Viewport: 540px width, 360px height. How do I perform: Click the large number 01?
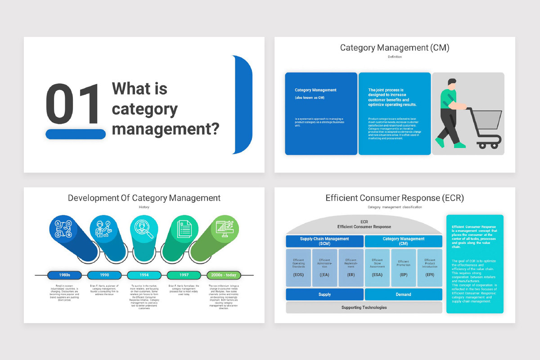click(72, 104)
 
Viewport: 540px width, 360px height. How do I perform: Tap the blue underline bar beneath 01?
click(76, 134)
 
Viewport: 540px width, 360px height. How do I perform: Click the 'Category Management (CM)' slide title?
click(394, 48)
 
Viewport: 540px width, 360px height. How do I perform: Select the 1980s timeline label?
click(64, 275)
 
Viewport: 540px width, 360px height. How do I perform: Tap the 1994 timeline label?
click(144, 275)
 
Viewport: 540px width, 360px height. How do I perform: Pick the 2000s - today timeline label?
click(224, 275)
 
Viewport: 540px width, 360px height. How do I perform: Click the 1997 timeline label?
click(184, 275)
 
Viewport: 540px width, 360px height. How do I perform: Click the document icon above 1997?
click(184, 228)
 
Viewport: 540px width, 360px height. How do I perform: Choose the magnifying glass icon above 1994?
click(144, 228)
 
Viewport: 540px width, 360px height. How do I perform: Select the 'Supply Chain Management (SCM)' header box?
click(324, 241)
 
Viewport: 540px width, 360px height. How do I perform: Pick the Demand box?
click(403, 294)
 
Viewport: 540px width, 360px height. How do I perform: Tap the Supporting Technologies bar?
click(364, 307)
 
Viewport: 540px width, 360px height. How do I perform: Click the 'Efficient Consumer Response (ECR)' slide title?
click(394, 198)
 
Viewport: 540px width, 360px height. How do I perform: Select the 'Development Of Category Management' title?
click(144, 198)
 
